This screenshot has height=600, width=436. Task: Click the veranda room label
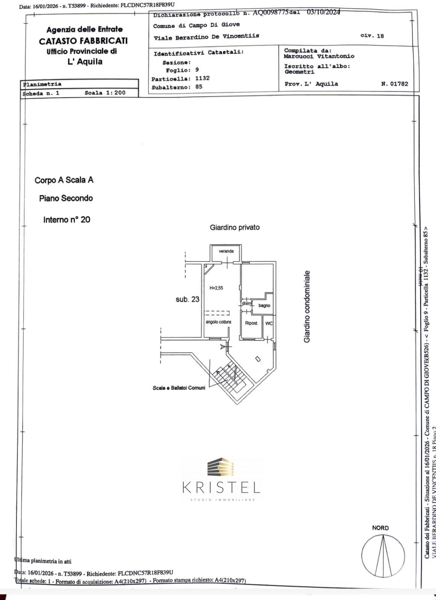pyautogui.click(x=226, y=251)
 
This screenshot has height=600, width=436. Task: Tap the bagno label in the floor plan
pyautogui.click(x=264, y=306)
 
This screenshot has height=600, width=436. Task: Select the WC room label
pyautogui.click(x=269, y=323)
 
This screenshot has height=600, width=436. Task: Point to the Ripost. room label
pyautogui.click(x=251, y=323)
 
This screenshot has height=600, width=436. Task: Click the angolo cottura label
pyautogui.click(x=218, y=322)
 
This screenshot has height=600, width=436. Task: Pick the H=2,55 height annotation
pyautogui.click(x=216, y=288)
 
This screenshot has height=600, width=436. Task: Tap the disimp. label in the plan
pyautogui.click(x=246, y=303)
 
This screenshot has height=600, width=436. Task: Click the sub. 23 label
pyautogui.click(x=187, y=299)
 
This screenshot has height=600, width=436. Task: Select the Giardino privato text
pyautogui.click(x=234, y=227)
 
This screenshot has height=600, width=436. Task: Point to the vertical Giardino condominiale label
pyautogui.click(x=307, y=306)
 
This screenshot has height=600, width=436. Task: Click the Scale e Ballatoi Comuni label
pyautogui.click(x=179, y=388)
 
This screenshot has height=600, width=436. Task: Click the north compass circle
pyautogui.click(x=383, y=555)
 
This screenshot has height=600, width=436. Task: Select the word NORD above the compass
pyautogui.click(x=380, y=528)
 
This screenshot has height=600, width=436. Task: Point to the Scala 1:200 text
pyautogui.click(x=105, y=93)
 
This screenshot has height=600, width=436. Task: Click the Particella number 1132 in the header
pyautogui.click(x=202, y=78)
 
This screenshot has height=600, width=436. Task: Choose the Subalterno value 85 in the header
pyautogui.click(x=199, y=87)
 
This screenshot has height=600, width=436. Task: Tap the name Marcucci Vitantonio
pyautogui.click(x=319, y=56)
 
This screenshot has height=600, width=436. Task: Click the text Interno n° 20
pyautogui.click(x=67, y=220)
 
